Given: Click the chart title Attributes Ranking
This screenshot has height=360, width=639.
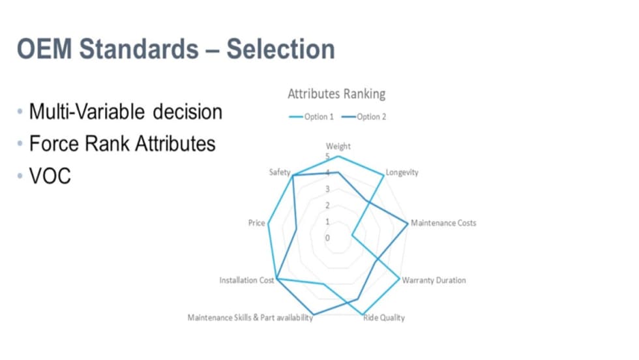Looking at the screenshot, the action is [336, 94].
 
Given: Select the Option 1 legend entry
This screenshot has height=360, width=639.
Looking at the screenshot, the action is [312, 117].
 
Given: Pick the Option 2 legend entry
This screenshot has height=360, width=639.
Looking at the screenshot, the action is [364, 117].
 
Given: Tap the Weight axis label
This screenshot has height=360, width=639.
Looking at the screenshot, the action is [338, 146].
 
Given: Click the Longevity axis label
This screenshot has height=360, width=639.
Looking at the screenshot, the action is [402, 172].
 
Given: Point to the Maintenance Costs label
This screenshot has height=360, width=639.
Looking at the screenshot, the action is [443, 223].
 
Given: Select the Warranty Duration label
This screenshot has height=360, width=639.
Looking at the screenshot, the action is [434, 280].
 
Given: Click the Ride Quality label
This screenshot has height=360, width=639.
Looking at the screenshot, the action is [384, 318].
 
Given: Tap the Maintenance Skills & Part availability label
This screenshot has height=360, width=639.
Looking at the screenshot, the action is [250, 318].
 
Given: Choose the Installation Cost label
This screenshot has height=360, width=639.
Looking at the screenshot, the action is [246, 280].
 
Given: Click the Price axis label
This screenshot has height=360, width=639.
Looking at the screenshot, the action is [257, 223].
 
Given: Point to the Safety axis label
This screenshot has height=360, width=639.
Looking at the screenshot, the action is [280, 172].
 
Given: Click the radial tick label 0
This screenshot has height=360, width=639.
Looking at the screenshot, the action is [327, 237].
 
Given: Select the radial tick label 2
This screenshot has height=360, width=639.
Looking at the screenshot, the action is [327, 205].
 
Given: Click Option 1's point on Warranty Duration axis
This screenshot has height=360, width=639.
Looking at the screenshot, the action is [399, 278].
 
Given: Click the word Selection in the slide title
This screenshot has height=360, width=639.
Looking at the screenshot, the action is [281, 50].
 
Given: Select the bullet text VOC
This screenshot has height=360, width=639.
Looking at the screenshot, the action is [50, 176].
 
